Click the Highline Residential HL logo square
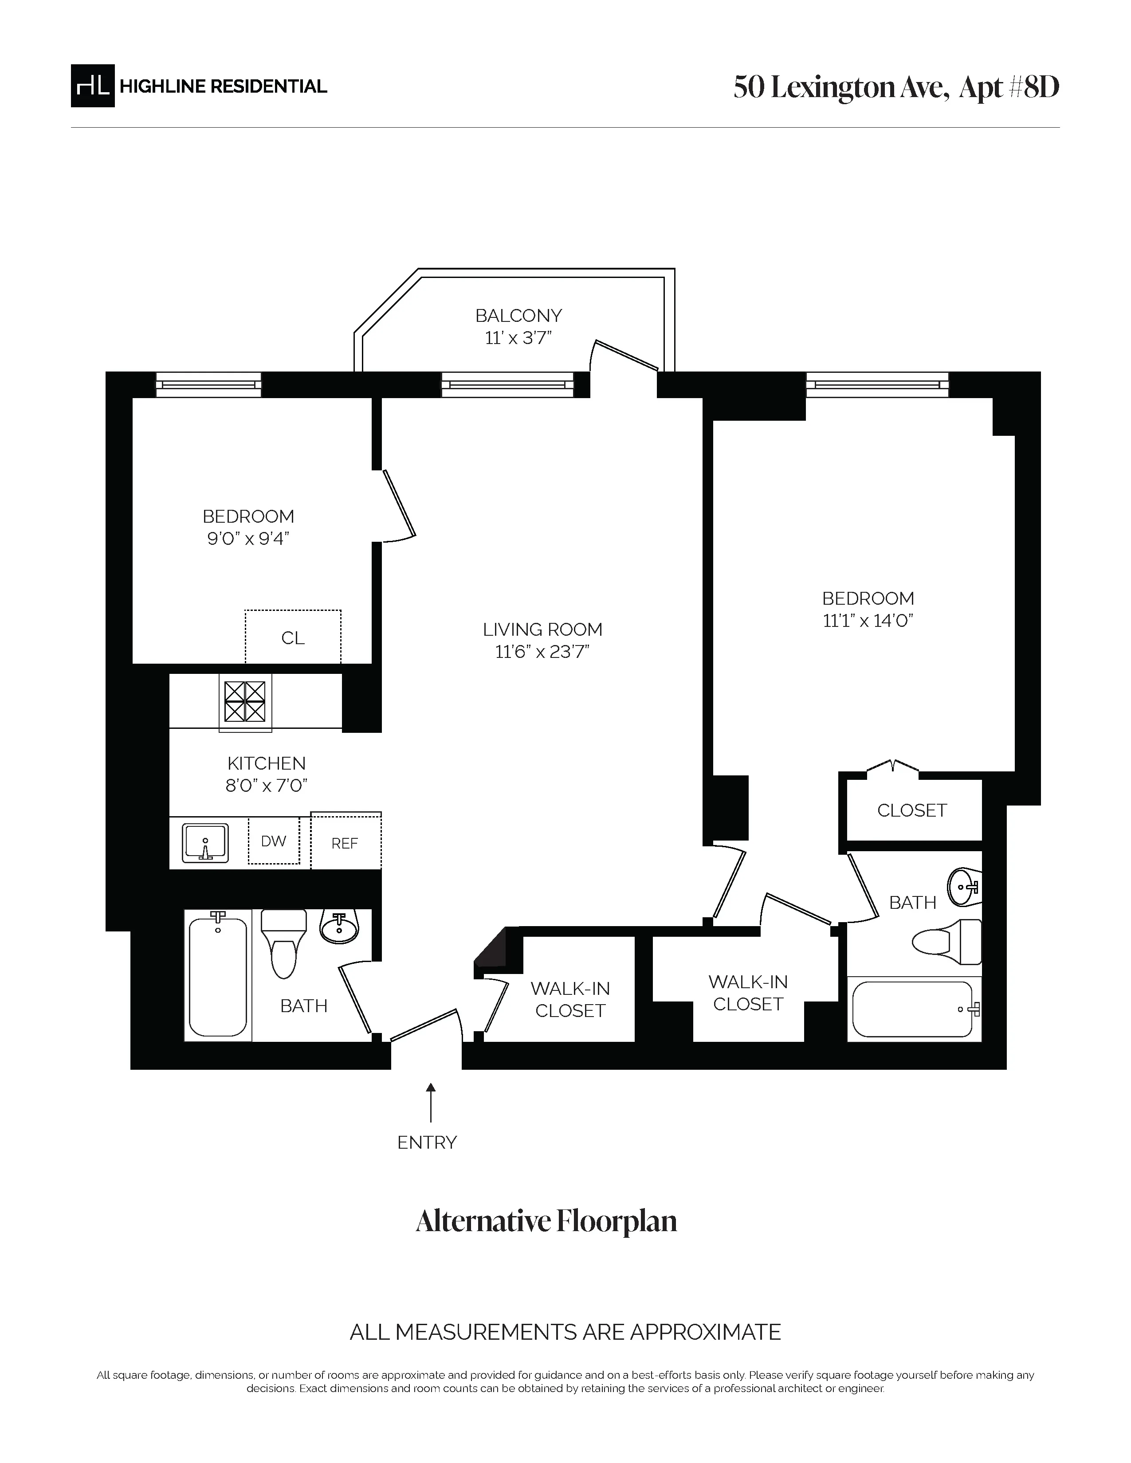tap(92, 86)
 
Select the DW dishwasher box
tap(273, 841)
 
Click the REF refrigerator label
tap(344, 843)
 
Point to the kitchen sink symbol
tap(205, 843)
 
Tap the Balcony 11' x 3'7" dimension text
tap(518, 338)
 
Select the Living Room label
tap(542, 630)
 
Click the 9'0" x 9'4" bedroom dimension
tap(248, 539)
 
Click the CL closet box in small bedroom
tap(293, 637)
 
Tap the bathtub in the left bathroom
tap(218, 977)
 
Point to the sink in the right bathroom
tap(963, 886)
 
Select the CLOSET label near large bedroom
tap(912, 810)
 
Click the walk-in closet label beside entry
tap(570, 999)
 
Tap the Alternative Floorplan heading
tap(546, 1221)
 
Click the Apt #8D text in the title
tap(1009, 87)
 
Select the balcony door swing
tap(625, 356)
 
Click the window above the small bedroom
tap(208, 384)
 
